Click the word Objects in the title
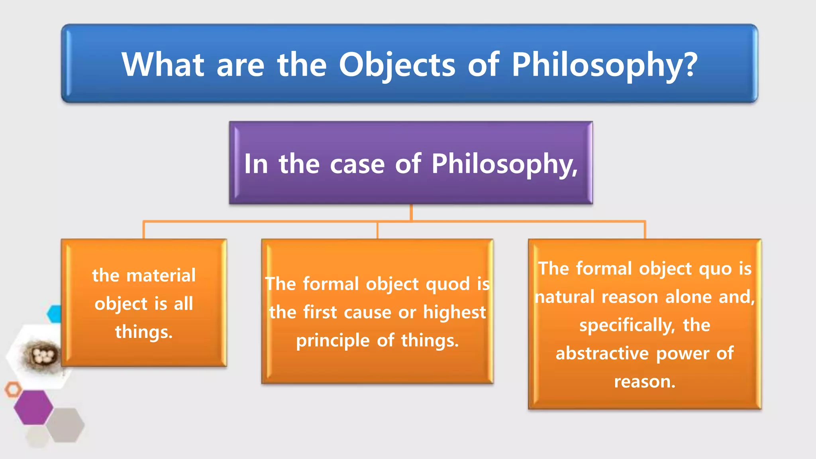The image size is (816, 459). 397,65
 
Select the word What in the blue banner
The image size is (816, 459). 163,65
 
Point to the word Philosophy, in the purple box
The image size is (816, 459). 504,164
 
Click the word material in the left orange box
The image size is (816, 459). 161,275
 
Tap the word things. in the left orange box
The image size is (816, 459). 144,332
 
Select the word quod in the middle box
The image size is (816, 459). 448,284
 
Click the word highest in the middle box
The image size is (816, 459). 454,312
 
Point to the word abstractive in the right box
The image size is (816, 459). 602,353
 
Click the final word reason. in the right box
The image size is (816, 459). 645,382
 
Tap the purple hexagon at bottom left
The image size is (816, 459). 33,407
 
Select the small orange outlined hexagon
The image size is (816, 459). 13,389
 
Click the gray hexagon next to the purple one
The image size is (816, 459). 65,425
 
